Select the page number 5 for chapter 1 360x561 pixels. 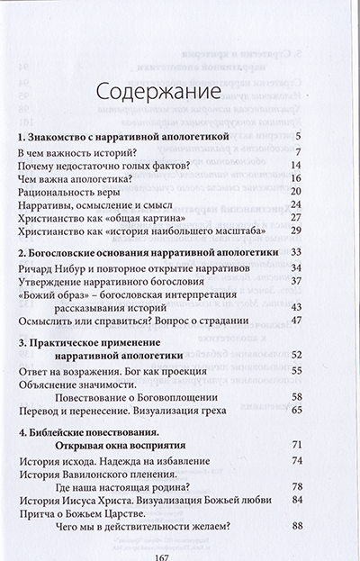(x=322, y=137)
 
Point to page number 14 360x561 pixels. (x=319, y=167)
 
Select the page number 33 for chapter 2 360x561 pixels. (x=318, y=251)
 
